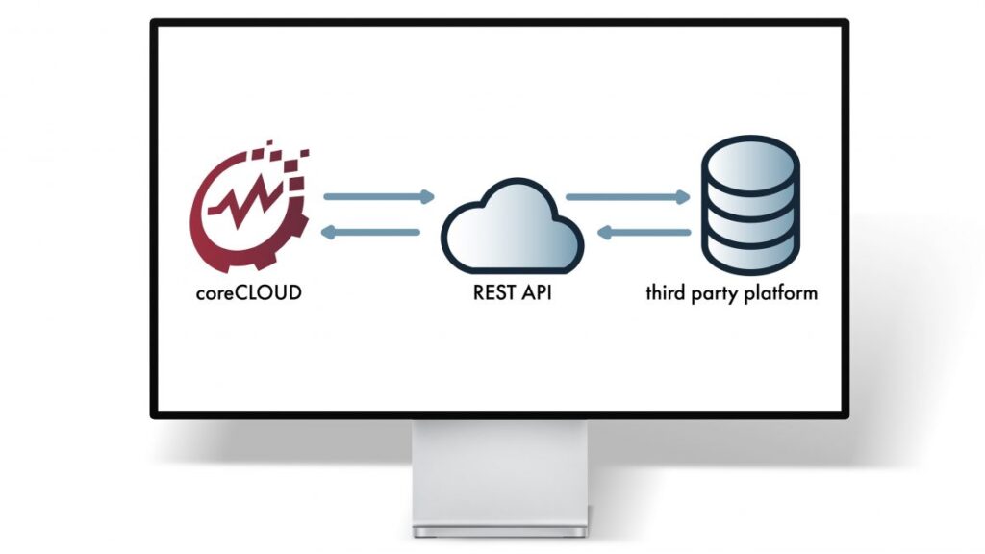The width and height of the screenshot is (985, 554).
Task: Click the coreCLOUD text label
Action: click(x=247, y=291)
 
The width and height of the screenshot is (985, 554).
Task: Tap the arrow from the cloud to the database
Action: click(x=628, y=197)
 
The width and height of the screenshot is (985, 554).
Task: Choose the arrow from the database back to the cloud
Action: click(x=644, y=232)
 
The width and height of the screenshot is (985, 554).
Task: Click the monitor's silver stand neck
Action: click(x=499, y=471)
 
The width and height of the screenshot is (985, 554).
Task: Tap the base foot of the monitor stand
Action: click(x=499, y=530)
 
